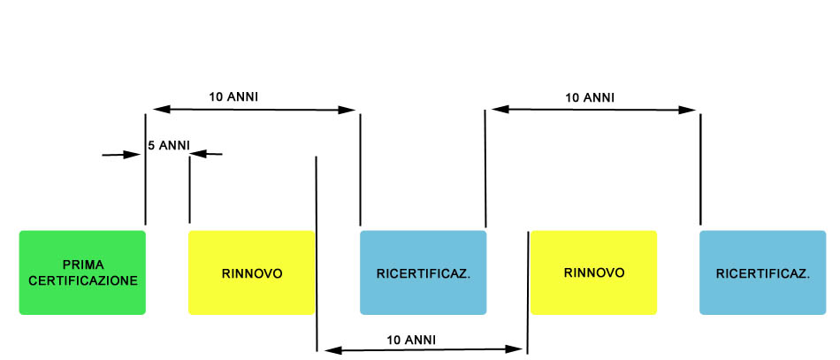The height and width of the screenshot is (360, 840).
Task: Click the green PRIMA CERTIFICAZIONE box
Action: click(82, 272)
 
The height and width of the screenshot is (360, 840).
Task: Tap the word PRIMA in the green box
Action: click(83, 264)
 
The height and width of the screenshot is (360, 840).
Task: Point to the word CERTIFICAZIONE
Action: click(83, 280)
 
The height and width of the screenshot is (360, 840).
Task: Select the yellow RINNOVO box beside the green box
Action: click(252, 272)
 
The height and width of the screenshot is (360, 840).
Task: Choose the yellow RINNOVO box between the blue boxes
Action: click(593, 272)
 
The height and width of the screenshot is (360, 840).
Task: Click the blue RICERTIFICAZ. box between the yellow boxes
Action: click(424, 272)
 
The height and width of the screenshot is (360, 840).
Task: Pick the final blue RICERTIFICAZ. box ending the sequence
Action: click(763, 272)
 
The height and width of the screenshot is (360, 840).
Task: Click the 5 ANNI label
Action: click(169, 145)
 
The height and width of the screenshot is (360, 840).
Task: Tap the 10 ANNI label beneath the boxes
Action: click(411, 341)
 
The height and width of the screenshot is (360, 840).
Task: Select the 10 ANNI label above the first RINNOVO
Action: click(233, 97)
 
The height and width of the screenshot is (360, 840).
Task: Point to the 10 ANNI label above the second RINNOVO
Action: click(590, 98)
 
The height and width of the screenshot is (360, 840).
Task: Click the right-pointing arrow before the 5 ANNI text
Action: click(121, 155)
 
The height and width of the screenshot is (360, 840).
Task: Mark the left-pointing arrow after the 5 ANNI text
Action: click(206, 154)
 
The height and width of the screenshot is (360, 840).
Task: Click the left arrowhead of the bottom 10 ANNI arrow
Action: click(332, 350)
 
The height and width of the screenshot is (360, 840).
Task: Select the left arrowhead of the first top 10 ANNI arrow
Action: click(162, 110)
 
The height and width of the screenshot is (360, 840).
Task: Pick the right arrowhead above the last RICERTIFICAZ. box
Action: click(687, 110)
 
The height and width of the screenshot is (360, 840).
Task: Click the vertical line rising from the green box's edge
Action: click(145, 169)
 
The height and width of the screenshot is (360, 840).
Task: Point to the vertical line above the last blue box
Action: click(700, 169)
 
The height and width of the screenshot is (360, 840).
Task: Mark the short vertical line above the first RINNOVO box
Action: click(189, 189)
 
